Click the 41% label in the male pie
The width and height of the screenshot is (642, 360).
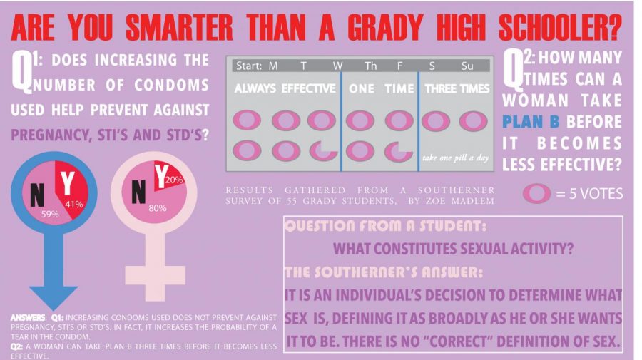pyautogui.click(x=74, y=204)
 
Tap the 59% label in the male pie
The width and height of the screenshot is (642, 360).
pyautogui.click(x=50, y=214)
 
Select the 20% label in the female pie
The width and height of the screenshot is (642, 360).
pyautogui.click(x=175, y=180)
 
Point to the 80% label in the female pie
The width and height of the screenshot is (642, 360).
pyautogui.click(x=157, y=208)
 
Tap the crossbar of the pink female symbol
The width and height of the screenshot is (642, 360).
pyautogui.click(x=156, y=275)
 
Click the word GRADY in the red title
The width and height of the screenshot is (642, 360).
pyautogui.click(x=385, y=28)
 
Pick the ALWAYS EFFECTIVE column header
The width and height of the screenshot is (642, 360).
pyautogui.click(x=285, y=88)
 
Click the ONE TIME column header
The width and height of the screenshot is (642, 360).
pyautogui.click(x=381, y=88)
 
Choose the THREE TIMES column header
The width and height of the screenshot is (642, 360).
pyautogui.click(x=457, y=88)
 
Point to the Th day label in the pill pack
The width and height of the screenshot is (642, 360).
pyautogui.click(x=370, y=66)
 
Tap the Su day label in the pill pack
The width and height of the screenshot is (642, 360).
pyautogui.click(x=467, y=66)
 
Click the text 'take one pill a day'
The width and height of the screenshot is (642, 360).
pyautogui.click(x=455, y=158)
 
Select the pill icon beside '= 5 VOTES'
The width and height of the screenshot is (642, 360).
pyautogui.click(x=536, y=193)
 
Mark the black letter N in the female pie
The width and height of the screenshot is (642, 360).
pyautogui.click(x=138, y=192)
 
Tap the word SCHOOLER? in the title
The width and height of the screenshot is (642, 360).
pyautogui.click(x=560, y=28)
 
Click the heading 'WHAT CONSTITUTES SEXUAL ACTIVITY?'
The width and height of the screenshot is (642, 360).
pyautogui.click(x=453, y=248)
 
